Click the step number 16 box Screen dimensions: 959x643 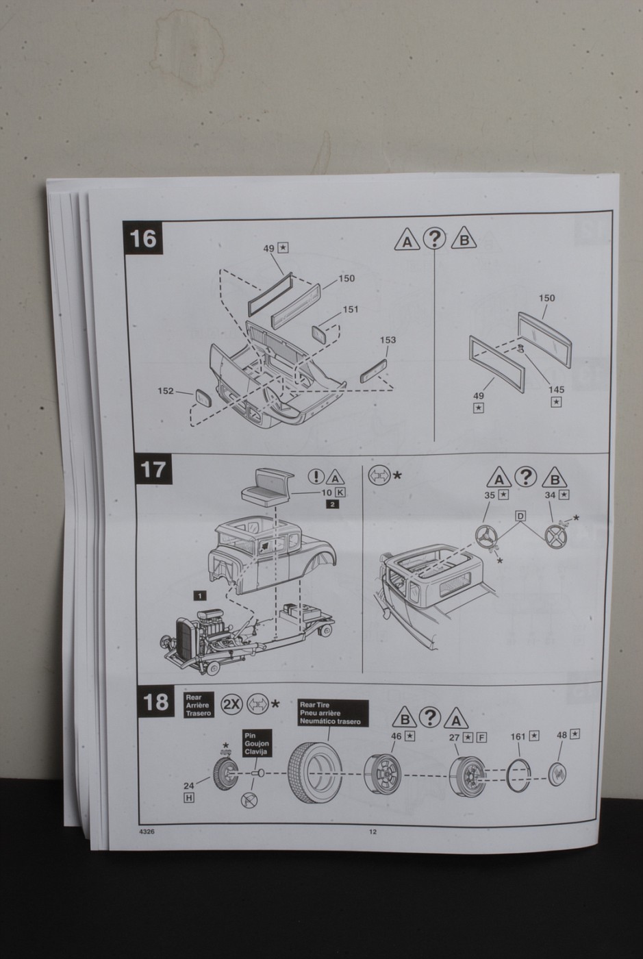pos(143,238)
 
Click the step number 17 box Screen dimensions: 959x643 pos(153,470)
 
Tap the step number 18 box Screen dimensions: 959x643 pos(155,702)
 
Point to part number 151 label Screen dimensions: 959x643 pos(350,309)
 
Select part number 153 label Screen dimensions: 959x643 pos(387,340)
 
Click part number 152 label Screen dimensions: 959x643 pos(166,390)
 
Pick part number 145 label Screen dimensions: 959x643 pos(556,390)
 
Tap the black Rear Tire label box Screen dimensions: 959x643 pos(333,713)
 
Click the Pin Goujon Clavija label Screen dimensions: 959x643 pos(257,743)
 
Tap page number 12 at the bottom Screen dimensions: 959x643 pos(373,832)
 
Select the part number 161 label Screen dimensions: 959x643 pos(518,736)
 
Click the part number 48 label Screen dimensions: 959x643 pos(562,734)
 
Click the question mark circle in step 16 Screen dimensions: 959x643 pos(434,238)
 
